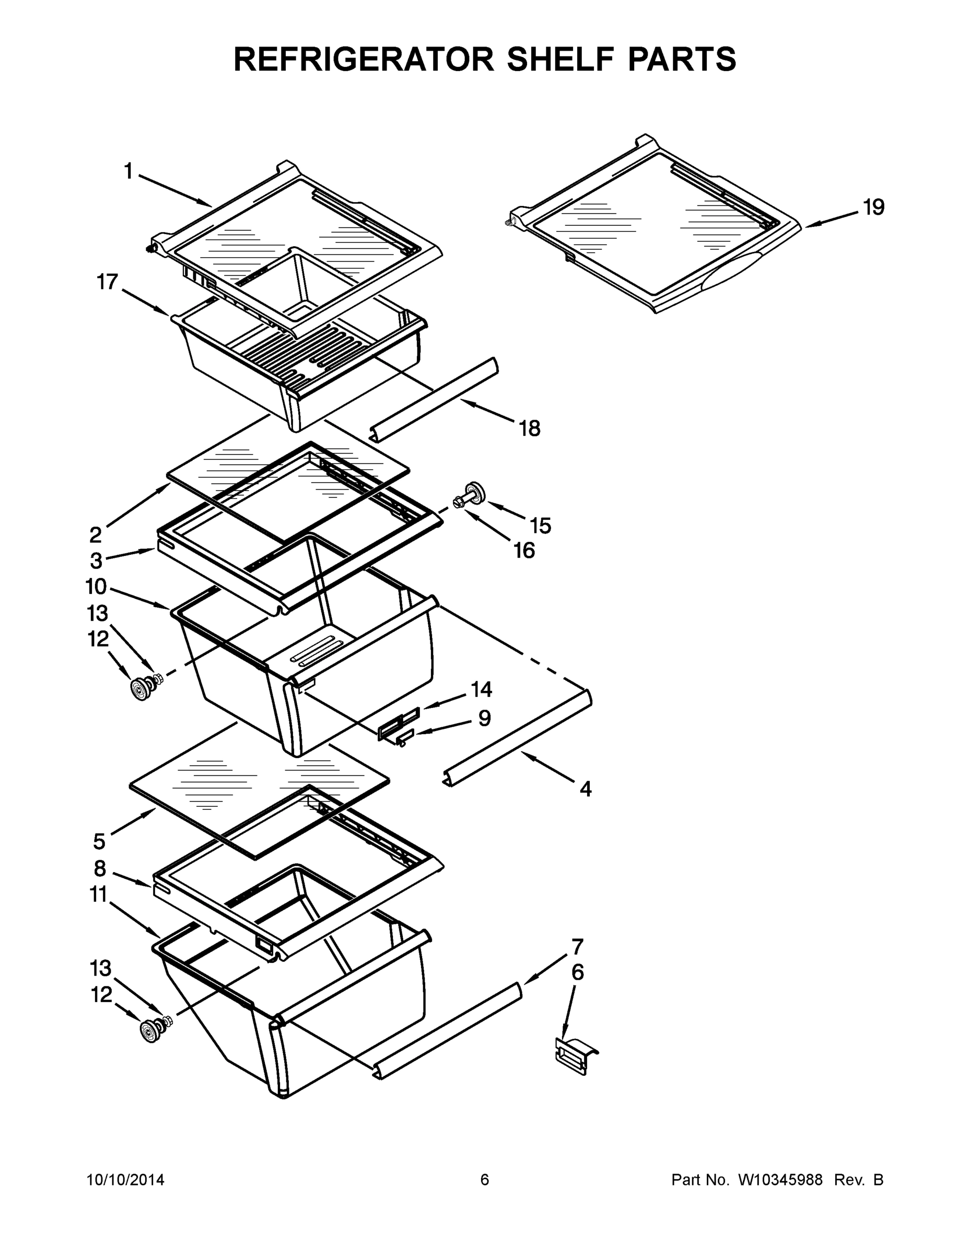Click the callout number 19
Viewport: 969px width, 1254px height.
click(874, 207)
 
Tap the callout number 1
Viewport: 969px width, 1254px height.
click(129, 170)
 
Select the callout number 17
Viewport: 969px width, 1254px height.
click(108, 282)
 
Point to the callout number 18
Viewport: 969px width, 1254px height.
click(530, 428)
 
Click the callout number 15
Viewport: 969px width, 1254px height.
click(540, 525)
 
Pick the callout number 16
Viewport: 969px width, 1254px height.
click(524, 551)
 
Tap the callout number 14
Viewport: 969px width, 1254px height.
click(482, 689)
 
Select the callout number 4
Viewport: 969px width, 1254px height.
click(585, 789)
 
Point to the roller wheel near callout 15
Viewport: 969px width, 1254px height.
click(474, 493)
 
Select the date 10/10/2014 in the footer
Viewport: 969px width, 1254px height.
click(125, 1180)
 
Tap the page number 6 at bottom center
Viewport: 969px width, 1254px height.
click(485, 1180)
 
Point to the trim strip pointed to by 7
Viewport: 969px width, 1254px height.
click(448, 1029)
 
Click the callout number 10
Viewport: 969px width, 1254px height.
click(97, 587)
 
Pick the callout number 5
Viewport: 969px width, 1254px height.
click(99, 842)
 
